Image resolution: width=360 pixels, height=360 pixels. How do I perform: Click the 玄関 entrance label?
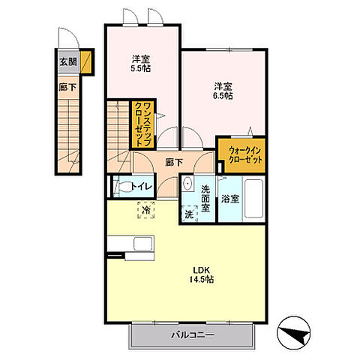click(68, 61)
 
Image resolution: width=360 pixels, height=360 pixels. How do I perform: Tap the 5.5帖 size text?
click(141, 68)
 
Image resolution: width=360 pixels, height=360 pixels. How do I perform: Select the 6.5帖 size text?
click(223, 95)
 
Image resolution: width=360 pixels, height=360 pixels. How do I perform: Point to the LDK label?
click(201, 270)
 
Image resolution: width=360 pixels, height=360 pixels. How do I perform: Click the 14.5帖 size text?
click(201, 279)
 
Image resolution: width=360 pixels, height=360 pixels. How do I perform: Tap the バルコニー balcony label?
click(193, 334)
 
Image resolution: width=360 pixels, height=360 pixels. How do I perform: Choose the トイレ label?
click(141, 187)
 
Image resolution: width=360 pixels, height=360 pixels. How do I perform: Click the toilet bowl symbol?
click(122, 187)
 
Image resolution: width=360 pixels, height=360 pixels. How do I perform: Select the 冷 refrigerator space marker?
click(146, 210)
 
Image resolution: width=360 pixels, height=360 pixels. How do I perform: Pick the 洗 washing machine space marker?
click(189, 214)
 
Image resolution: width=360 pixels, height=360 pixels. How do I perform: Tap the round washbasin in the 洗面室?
click(187, 183)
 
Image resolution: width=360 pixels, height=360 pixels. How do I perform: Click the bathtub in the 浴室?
click(253, 199)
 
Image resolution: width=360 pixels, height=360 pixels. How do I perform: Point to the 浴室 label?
click(230, 199)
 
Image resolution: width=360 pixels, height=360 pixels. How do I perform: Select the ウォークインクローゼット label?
click(245, 155)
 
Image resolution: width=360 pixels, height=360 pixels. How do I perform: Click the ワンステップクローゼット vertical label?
click(143, 124)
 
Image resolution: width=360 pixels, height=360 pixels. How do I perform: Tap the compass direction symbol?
click(294, 333)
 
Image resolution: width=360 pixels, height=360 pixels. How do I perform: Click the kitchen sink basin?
click(143, 243)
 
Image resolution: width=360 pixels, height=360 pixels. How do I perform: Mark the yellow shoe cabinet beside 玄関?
click(85, 61)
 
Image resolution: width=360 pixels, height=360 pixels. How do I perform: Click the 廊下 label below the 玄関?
click(67, 88)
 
